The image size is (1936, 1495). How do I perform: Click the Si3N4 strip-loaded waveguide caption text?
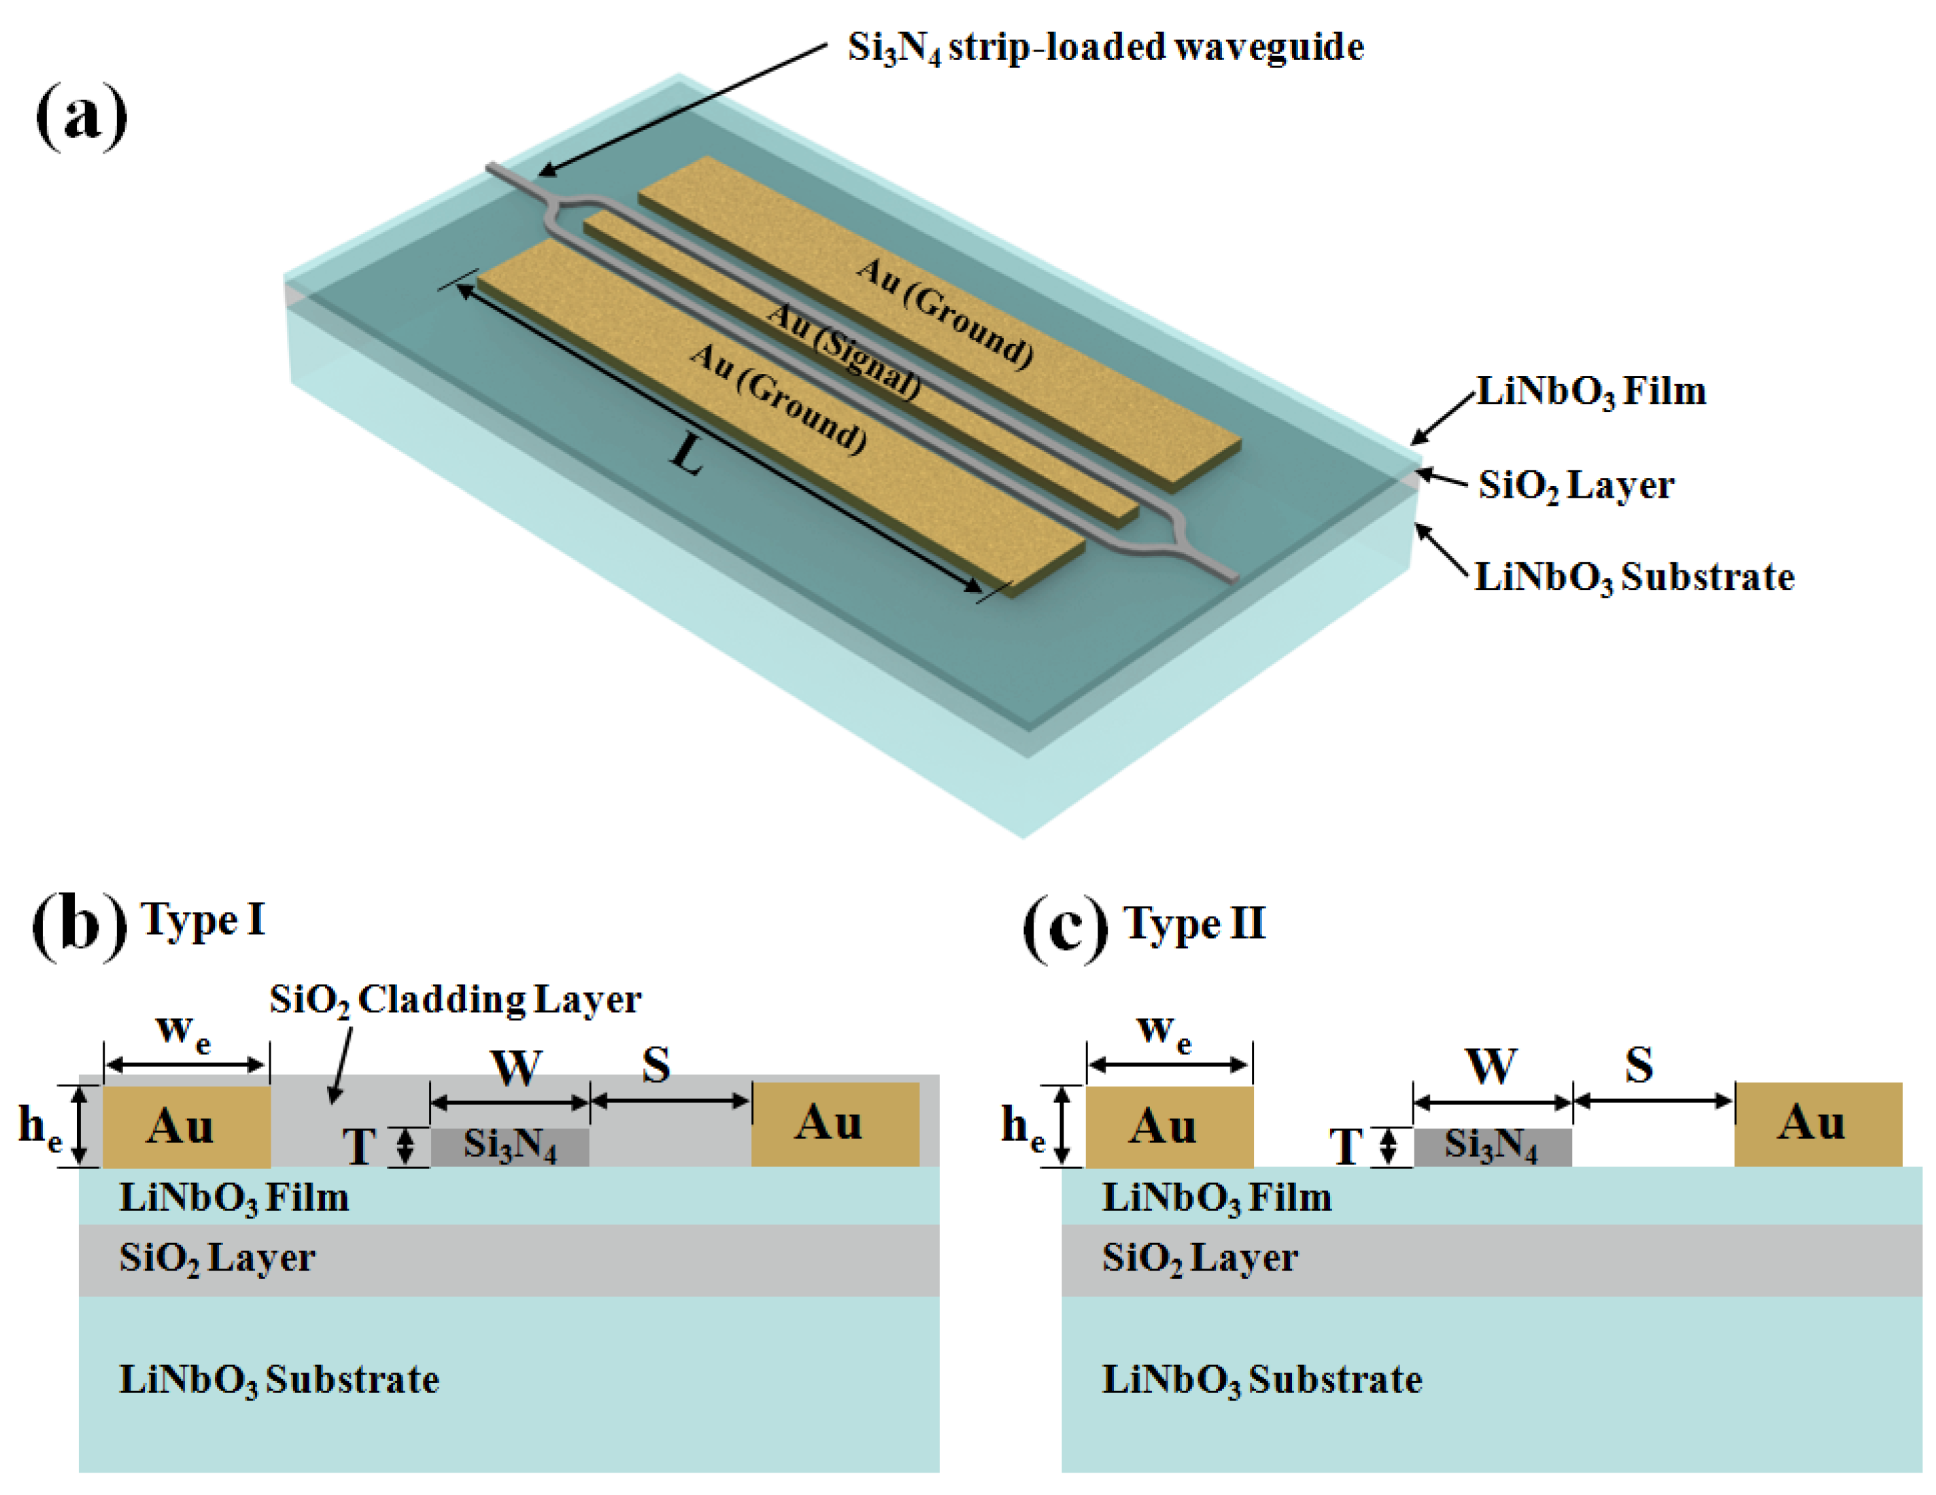(x=1104, y=47)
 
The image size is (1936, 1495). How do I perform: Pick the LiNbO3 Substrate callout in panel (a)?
(x=1633, y=578)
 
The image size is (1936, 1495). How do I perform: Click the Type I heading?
(x=203, y=921)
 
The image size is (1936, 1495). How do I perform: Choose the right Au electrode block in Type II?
(x=1817, y=1123)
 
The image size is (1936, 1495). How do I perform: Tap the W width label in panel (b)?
(x=517, y=1068)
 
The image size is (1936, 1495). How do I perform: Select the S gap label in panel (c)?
(x=1639, y=1065)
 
